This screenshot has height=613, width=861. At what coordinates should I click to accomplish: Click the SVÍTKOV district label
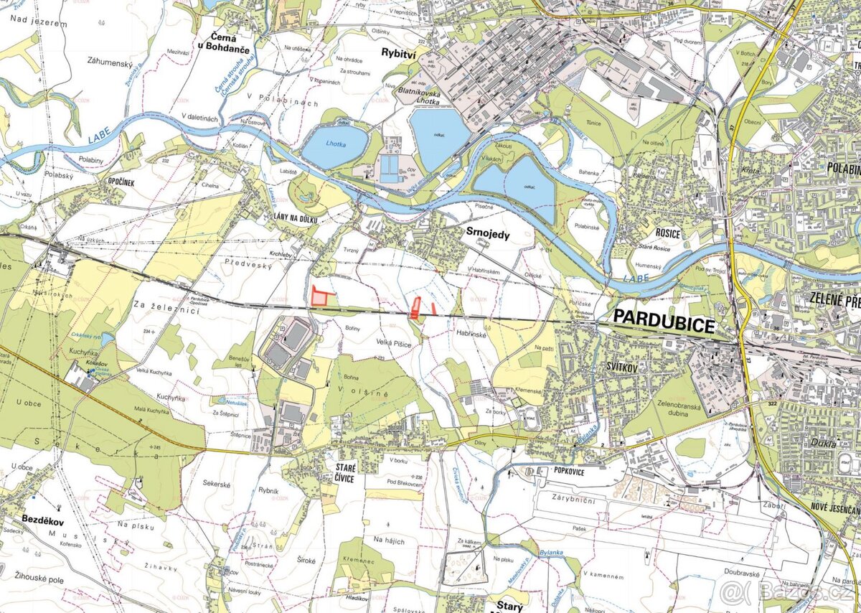point(618,365)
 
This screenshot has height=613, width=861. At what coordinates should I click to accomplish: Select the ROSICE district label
point(667,233)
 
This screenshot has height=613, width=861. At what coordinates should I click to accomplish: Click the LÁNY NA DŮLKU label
point(295,217)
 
